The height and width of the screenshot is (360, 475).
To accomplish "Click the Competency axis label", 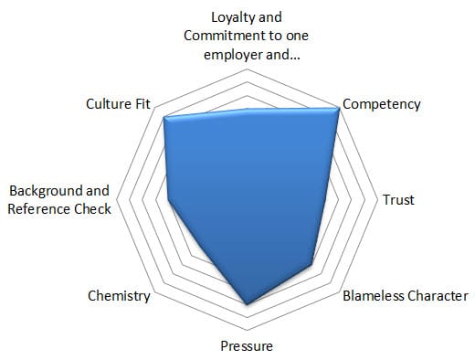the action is pos(382,104).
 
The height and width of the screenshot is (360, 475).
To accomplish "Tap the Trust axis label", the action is pos(398,200).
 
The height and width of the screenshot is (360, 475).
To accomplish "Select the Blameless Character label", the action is pos(406,296).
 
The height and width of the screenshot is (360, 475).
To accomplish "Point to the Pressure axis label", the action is pos(247,346).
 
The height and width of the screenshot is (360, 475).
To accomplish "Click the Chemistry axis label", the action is pos(119,296).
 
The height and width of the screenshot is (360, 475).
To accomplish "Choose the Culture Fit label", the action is pos(118,104).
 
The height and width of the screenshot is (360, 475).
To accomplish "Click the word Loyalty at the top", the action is pos(229,17).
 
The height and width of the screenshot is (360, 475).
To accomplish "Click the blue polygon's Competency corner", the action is pos(339,108).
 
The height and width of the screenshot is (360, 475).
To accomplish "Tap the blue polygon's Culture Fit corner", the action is pos(164,118).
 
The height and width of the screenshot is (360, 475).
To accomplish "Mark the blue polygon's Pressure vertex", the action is pos(247,304).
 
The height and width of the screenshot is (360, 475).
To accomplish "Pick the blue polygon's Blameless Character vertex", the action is pos(312,264).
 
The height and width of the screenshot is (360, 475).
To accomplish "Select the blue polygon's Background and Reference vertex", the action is pos(168,200).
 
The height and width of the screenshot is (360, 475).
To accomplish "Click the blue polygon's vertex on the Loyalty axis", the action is pos(248,109).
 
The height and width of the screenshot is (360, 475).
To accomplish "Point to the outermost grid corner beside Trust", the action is pos(377,200).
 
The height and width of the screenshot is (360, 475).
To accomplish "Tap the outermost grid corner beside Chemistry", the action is pos(155,291).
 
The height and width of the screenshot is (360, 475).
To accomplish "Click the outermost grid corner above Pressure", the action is pos(248,330).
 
